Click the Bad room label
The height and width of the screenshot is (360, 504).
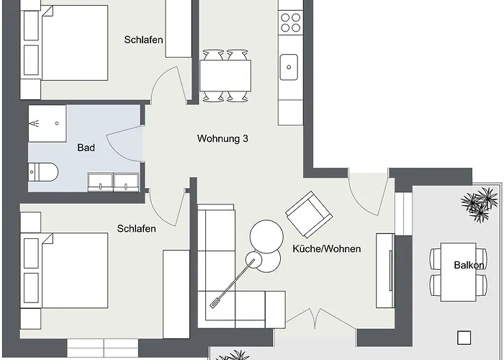(x=86, y=148)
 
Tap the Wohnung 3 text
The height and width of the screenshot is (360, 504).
(x=222, y=138)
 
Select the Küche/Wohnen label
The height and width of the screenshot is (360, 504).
(x=326, y=248)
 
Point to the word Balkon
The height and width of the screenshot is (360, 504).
(x=468, y=265)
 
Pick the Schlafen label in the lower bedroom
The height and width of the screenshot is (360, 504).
(x=136, y=228)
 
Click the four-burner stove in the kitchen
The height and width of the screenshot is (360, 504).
(x=291, y=22)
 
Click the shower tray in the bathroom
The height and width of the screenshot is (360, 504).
(x=47, y=123)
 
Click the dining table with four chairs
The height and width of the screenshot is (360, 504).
(x=225, y=74)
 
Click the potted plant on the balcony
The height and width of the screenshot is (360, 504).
(x=479, y=204)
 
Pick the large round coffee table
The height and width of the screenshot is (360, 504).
(x=268, y=235)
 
